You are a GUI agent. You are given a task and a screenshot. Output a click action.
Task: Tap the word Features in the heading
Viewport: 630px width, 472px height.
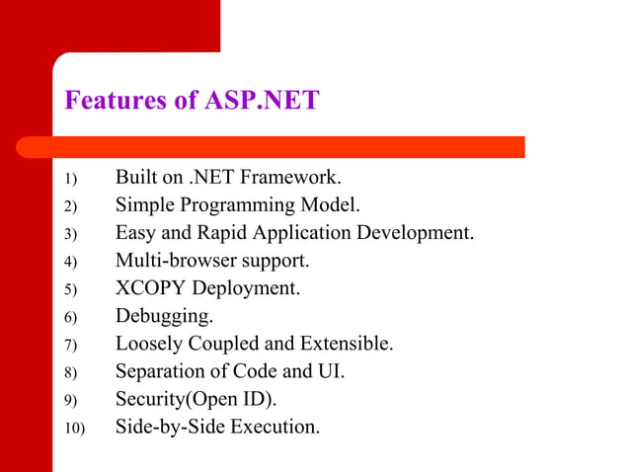pos(111,101)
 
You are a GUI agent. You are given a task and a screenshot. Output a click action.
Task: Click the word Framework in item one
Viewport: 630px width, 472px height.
pos(292,178)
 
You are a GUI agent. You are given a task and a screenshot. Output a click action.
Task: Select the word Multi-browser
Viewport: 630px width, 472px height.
pos(173,262)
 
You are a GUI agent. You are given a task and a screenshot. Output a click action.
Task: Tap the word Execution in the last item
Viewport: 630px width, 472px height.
pos(276,427)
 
